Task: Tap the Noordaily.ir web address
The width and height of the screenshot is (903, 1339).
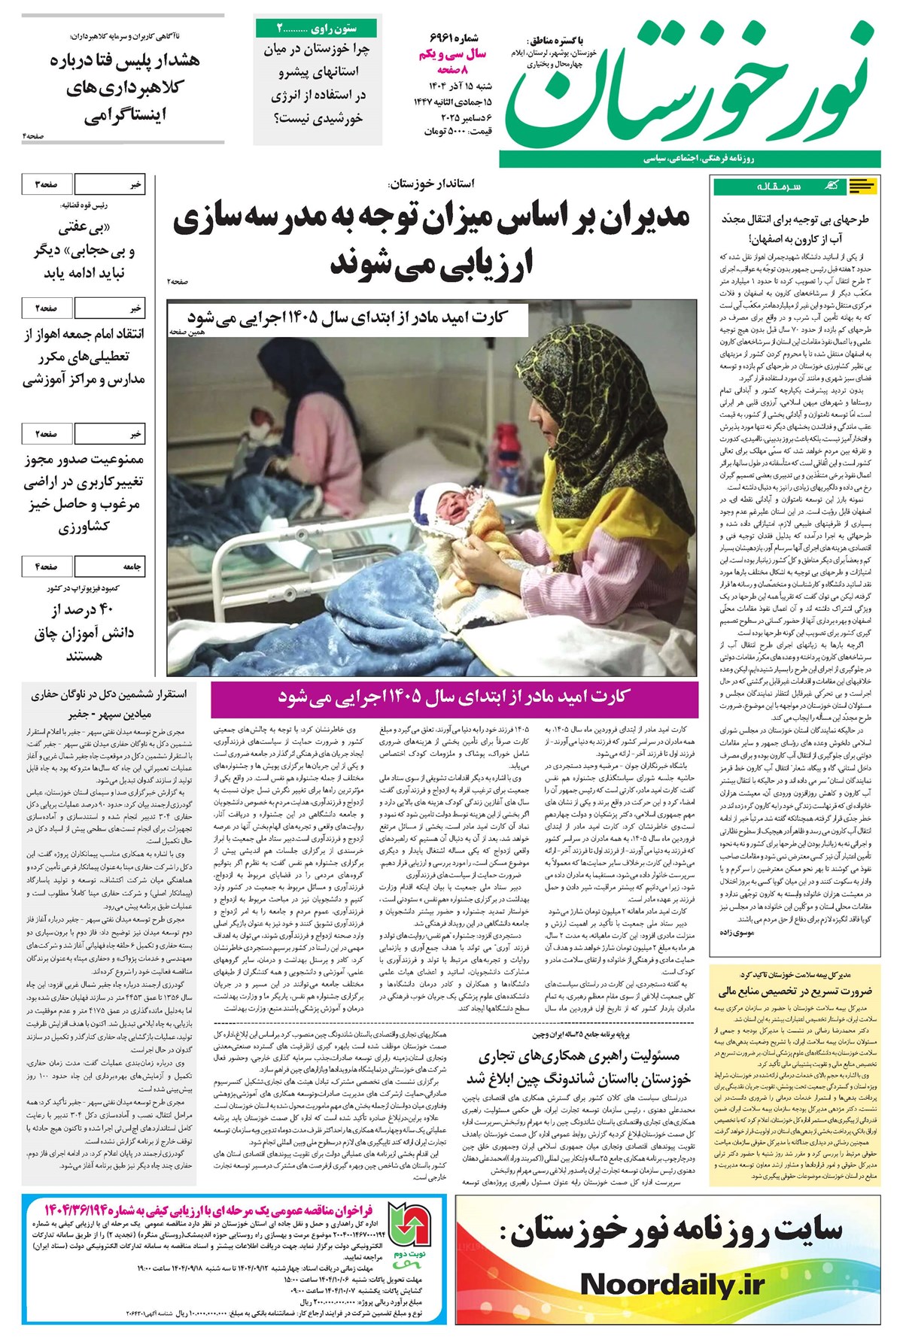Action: (672, 1284)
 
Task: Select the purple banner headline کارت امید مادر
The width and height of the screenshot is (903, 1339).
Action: (454, 697)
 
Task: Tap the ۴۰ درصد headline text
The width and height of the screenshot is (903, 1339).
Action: (83, 632)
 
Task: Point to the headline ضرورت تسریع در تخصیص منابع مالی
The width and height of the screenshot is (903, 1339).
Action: (795, 991)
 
